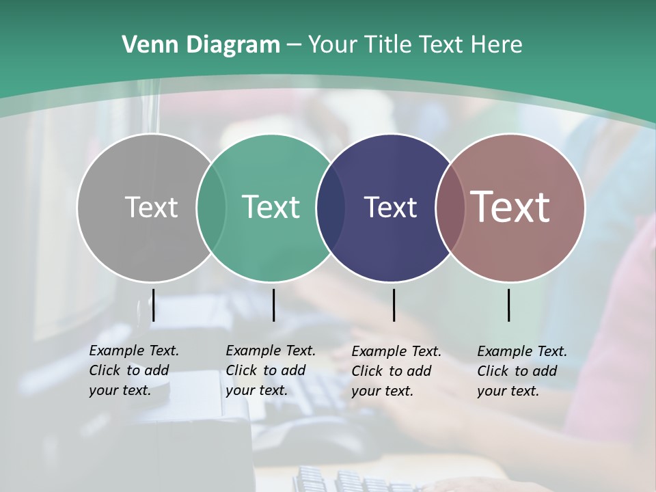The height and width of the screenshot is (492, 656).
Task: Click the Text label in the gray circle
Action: coord(151,207)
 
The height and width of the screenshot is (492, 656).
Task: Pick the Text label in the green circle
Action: coord(271,207)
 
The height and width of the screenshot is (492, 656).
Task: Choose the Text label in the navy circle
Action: coord(390,207)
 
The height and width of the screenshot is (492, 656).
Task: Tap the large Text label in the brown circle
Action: coord(510,207)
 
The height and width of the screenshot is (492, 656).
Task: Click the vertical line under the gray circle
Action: coord(154,305)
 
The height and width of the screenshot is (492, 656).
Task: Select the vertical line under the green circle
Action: coord(273,305)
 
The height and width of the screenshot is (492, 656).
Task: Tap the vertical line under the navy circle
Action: coord(394,305)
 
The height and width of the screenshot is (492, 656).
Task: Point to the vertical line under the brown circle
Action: coord(509,305)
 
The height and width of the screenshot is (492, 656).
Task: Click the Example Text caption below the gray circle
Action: coord(133,370)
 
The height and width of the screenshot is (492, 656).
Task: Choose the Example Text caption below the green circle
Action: coord(270,370)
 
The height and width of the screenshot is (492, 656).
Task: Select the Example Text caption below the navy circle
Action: coord(396,371)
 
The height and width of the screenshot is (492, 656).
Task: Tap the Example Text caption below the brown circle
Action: coord(521,371)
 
